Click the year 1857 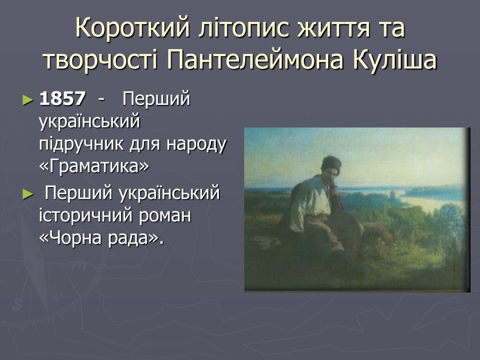tap(62, 98)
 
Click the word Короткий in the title tap(133, 28)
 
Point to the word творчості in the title tap(100, 60)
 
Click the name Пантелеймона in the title tap(255, 60)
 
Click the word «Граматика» tap(94, 165)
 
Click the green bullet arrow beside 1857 tap(28, 100)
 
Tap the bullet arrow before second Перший tap(28, 194)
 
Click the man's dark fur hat tap(331, 164)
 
